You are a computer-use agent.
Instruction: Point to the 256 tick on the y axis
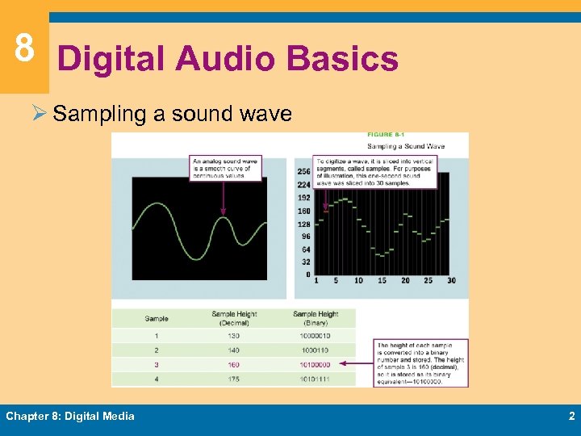tap(303, 172)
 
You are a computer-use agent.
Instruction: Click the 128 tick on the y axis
tap(303, 224)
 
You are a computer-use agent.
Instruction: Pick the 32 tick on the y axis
tap(305, 262)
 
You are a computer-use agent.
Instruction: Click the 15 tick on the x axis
tap(382, 281)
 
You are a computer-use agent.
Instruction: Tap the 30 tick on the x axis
tap(450, 281)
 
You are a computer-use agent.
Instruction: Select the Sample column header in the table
tap(157, 318)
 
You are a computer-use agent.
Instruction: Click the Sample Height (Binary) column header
tap(316, 318)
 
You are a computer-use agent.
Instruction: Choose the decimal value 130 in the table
tap(234, 336)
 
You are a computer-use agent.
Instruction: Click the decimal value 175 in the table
tap(234, 379)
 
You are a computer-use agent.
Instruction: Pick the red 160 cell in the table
tap(234, 364)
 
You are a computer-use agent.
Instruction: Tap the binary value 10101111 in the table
tap(315, 379)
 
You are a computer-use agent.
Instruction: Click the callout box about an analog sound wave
tap(226, 168)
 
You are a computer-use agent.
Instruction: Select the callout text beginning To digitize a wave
tap(374, 172)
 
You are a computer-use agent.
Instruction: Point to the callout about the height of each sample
tap(420, 363)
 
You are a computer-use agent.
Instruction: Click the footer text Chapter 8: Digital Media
tap(70, 416)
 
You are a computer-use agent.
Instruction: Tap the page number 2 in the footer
tap(571, 416)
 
